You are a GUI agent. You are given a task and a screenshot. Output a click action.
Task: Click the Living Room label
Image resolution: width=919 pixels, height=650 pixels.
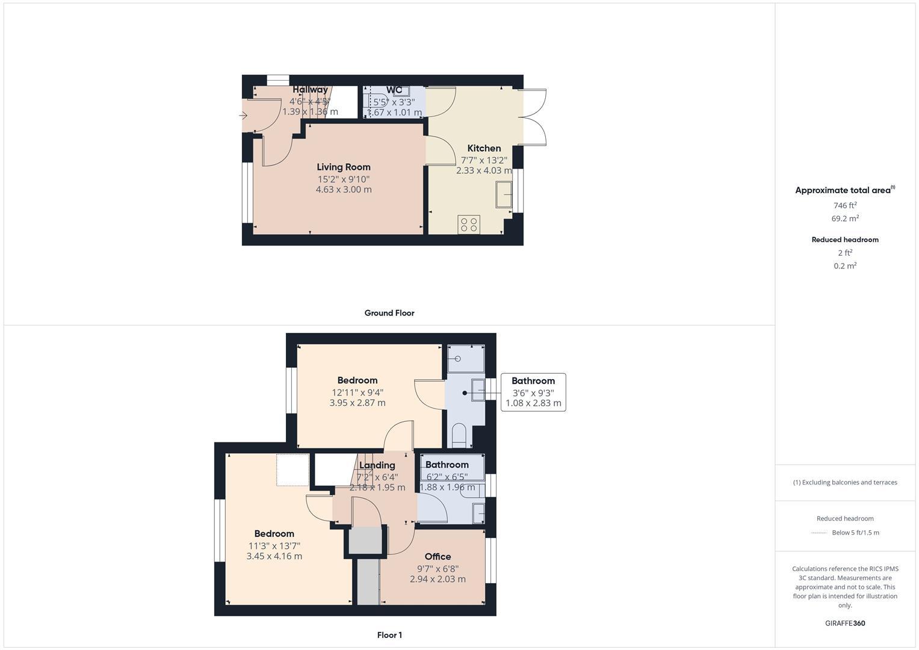coord(344,167)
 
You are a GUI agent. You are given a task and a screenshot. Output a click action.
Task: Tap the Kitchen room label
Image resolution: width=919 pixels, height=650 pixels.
coord(484,148)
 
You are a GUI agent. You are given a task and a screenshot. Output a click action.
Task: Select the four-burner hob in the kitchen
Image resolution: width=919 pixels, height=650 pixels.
coord(468,224)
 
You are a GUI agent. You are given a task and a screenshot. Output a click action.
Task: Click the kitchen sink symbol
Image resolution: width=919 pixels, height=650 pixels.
coord(504,194)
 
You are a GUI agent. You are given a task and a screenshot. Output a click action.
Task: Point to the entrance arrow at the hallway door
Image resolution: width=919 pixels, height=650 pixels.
coord(244,115)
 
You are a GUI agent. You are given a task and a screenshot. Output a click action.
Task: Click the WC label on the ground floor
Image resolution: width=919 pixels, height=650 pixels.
coord(394,90)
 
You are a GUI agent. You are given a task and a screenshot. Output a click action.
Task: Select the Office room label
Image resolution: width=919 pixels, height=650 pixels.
coord(438,557)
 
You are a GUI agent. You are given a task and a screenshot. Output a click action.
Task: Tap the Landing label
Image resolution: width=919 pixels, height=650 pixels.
coord(377,465)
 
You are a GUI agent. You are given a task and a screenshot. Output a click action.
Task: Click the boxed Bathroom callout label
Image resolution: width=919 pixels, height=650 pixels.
coord(533,381)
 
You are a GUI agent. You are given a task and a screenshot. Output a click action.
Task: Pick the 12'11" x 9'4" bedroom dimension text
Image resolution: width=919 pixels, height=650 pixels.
coord(357,392)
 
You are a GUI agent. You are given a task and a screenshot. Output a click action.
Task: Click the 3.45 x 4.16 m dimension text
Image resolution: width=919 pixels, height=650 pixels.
coord(274,557)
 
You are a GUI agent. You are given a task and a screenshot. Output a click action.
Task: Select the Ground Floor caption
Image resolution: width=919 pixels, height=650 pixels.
coord(389,313)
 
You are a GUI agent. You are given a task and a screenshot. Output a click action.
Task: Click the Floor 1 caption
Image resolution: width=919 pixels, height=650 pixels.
coord(389,635)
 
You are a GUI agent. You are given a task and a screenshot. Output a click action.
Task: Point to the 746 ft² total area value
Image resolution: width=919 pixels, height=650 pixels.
coord(845,205)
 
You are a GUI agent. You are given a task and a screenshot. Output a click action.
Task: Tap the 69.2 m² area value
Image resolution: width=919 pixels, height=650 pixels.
coord(845,218)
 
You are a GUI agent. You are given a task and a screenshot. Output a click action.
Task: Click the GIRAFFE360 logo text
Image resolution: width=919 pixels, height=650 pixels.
coord(845,624)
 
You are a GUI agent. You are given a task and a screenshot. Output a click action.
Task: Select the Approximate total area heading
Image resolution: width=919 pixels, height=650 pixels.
coord(843,190)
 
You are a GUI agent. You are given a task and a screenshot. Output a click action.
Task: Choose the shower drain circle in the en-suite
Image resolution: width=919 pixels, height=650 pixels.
coord(459,359)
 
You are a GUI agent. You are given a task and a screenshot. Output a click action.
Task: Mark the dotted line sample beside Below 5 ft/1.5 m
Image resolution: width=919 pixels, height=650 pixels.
coord(819,533)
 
